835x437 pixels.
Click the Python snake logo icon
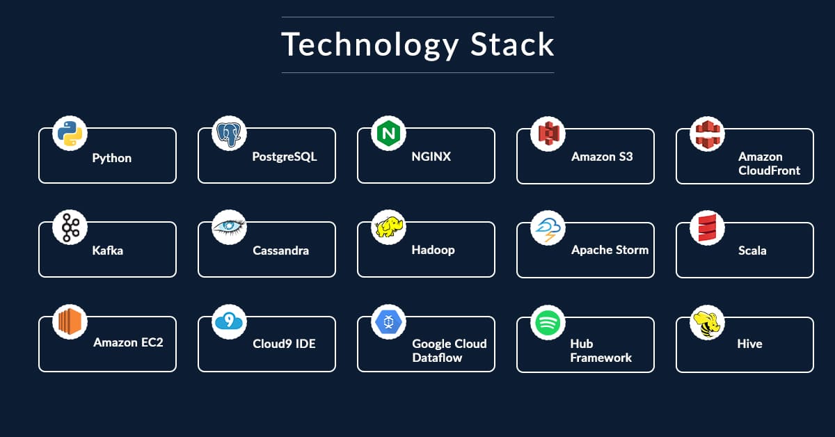(x=70, y=133)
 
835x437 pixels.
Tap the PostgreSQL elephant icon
(x=229, y=133)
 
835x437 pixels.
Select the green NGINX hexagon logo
(x=388, y=133)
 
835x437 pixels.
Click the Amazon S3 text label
(x=602, y=157)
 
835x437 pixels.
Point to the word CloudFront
(x=769, y=170)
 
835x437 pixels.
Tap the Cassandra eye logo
(x=229, y=227)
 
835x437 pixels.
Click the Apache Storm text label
(x=610, y=250)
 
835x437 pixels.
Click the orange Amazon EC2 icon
(x=70, y=322)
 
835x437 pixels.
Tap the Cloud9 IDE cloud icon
(x=229, y=321)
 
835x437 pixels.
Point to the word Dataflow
(x=437, y=358)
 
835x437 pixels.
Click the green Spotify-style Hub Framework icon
(x=548, y=321)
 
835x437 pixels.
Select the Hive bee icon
(x=707, y=322)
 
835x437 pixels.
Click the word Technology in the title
(x=369, y=45)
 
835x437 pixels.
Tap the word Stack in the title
(x=512, y=45)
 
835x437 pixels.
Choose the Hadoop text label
(x=433, y=250)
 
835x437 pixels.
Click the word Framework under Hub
(x=601, y=358)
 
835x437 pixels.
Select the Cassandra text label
(x=280, y=251)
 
